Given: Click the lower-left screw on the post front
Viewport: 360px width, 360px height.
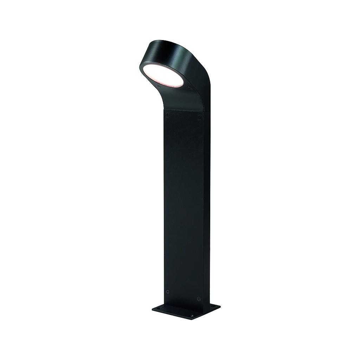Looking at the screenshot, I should click(168, 291).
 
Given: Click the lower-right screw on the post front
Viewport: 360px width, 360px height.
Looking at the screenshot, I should click(199, 298).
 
